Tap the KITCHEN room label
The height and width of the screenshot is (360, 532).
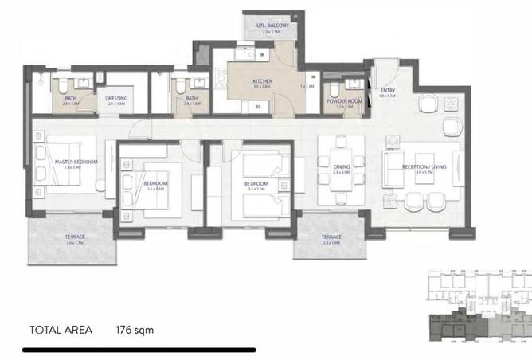click(264, 82)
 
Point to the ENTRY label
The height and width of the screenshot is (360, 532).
click(388, 90)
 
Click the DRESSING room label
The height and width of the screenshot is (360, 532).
click(117, 99)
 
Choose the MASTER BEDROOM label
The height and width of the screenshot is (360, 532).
click(76, 162)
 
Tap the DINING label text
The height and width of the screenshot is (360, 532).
click(342, 167)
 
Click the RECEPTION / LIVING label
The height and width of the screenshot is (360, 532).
click(423, 167)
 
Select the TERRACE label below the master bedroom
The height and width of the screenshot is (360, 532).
click(76, 237)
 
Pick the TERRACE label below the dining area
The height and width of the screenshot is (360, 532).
click(331, 237)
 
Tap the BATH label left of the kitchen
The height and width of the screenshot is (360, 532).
click(191, 99)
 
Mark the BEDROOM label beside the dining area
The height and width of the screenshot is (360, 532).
click(256, 183)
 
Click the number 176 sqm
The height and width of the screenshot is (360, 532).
click(134, 328)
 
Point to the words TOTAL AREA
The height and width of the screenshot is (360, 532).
click(61, 328)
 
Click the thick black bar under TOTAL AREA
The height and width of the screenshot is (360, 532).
click(139, 349)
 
